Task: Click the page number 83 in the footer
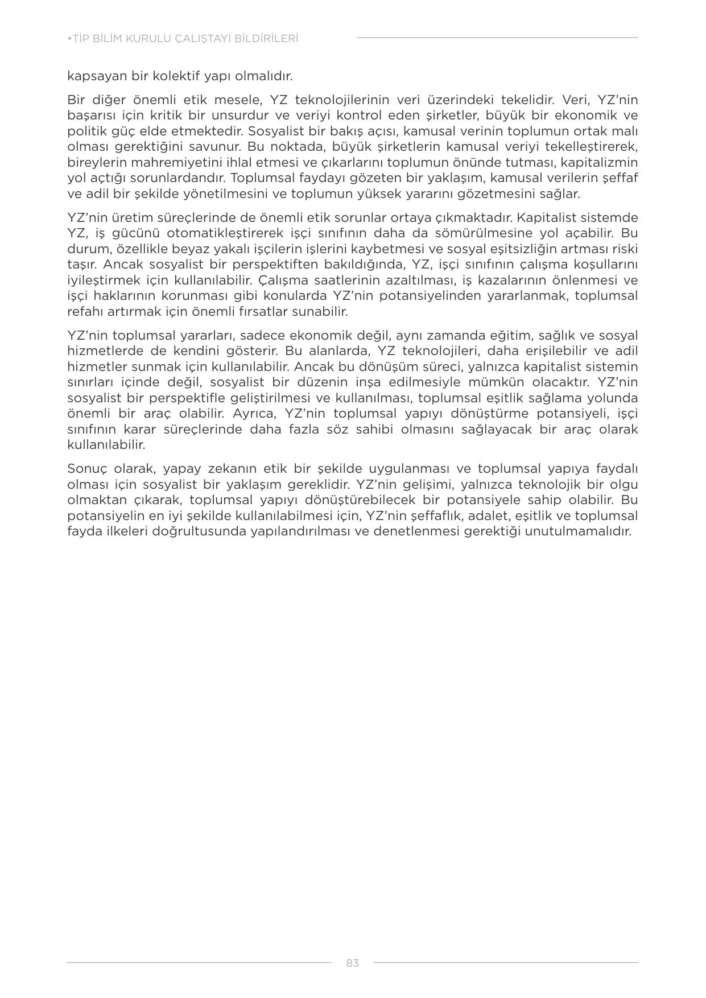tap(352, 963)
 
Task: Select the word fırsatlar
tap(266, 311)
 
